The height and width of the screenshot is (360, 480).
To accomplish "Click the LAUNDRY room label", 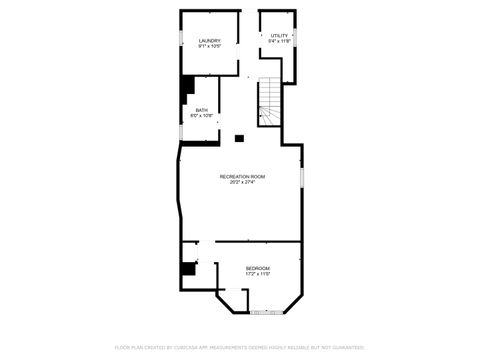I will (209, 41).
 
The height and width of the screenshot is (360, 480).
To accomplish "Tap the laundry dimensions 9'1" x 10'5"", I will (209, 47).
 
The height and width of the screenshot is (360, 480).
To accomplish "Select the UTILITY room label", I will (279, 36).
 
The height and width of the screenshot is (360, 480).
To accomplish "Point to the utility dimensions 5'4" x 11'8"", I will (279, 42).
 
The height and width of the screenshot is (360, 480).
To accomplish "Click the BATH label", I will (202, 110).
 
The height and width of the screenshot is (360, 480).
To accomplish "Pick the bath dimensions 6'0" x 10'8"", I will (202, 116).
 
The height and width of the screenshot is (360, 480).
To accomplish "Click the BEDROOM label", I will (258, 268).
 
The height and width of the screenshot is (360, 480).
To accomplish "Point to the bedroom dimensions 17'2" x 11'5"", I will (258, 274).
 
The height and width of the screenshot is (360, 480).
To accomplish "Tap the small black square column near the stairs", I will (239, 138).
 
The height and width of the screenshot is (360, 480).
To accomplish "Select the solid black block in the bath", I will (186, 91).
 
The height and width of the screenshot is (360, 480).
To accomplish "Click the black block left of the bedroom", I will (187, 268).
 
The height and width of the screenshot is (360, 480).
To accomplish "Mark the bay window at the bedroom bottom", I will (265, 313).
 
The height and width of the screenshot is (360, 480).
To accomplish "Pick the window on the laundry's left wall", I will (180, 39).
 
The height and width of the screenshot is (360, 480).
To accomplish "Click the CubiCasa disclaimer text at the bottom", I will (240, 348).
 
